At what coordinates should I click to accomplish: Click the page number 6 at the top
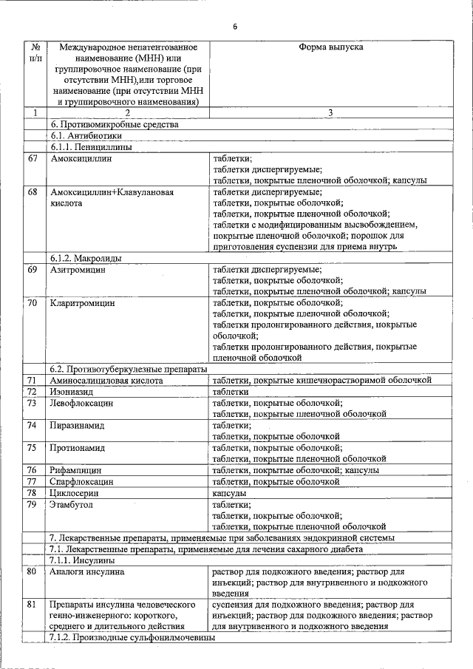[x=235, y=27]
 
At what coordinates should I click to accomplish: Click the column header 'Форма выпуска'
[x=330, y=47]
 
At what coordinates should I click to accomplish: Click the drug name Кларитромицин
[x=84, y=303]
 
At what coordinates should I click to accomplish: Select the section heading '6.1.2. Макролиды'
[x=86, y=258]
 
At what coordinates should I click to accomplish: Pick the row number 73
[x=33, y=403]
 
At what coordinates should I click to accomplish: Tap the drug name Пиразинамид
[x=78, y=426]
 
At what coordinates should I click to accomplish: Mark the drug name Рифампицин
[x=78, y=470]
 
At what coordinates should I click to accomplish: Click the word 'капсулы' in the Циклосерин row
[x=230, y=492]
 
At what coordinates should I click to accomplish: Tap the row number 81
[x=33, y=605]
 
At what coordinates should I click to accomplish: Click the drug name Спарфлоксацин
[x=82, y=481]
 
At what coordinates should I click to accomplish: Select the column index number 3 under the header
[x=330, y=113]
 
